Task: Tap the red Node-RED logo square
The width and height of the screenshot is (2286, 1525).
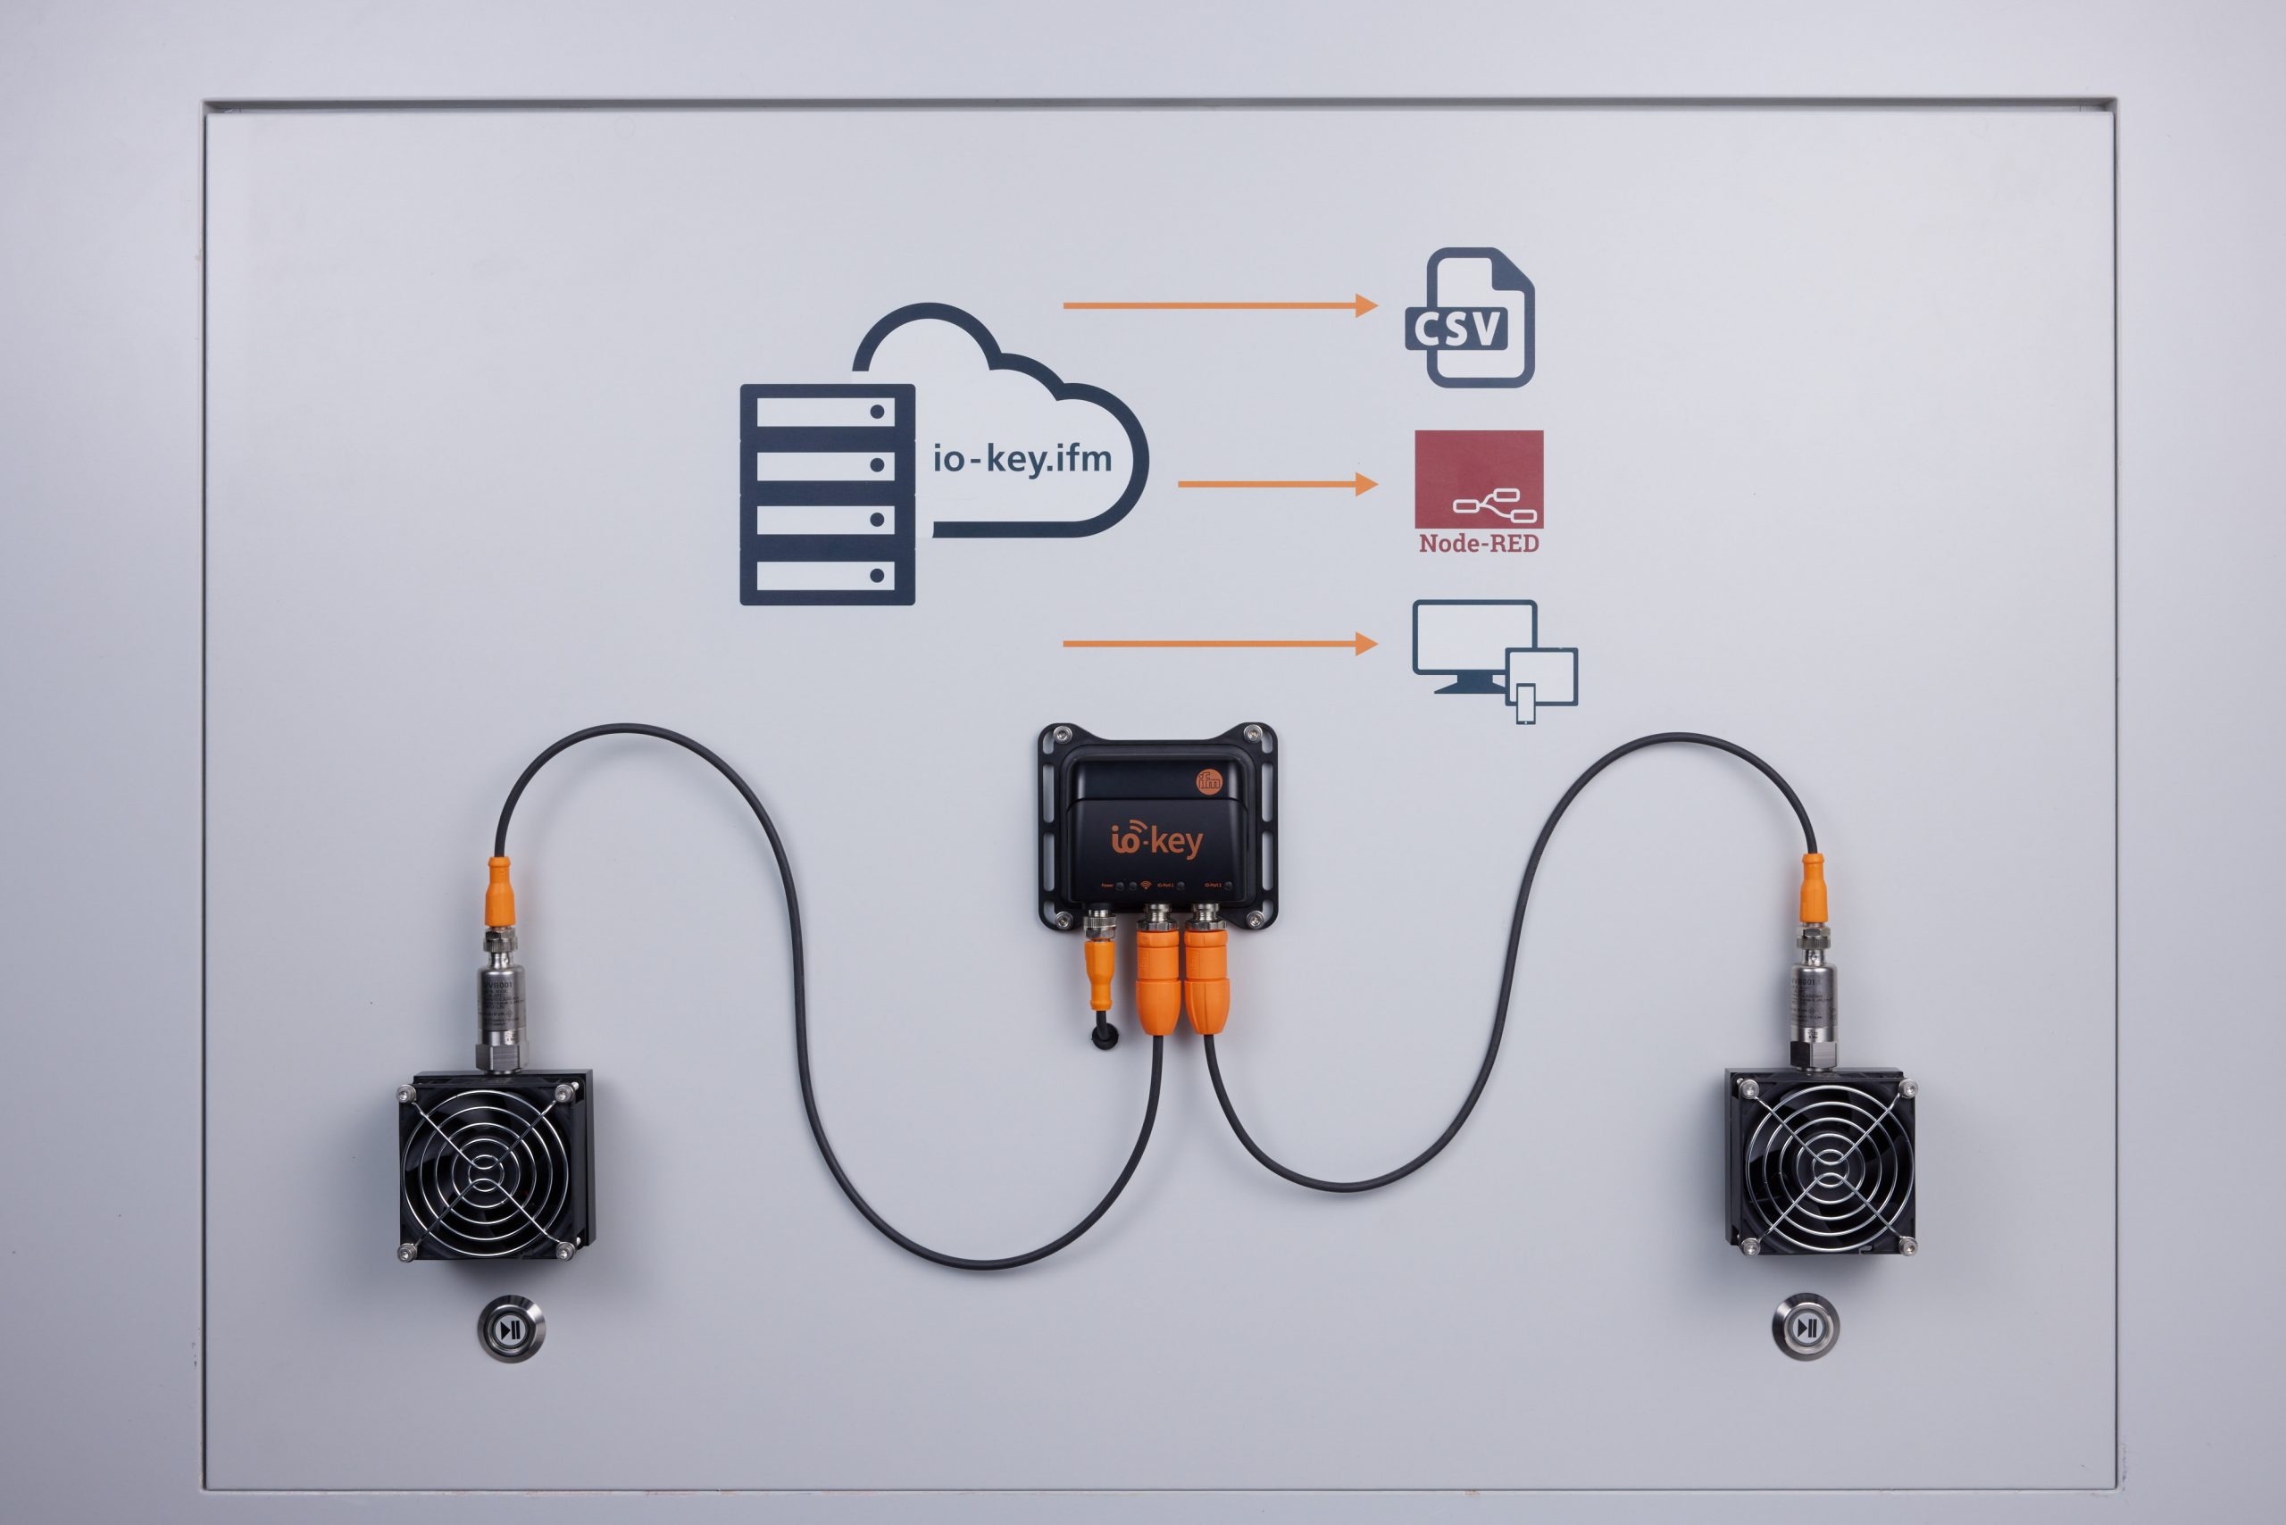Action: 1479,479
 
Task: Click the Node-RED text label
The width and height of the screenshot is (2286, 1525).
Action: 1479,544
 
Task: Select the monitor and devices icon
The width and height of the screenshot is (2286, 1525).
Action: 1493,658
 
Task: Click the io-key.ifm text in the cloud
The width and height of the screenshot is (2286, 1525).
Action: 1022,458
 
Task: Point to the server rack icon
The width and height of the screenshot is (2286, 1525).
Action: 827,494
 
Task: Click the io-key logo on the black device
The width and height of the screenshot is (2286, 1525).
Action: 1156,839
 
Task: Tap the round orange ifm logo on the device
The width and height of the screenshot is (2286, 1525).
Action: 1208,780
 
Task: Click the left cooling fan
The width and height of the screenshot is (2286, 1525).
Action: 494,1165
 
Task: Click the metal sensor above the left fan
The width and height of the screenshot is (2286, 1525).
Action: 501,1002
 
